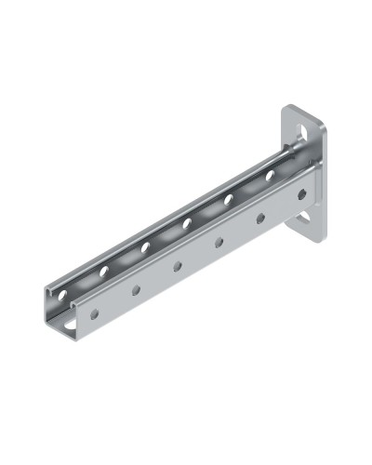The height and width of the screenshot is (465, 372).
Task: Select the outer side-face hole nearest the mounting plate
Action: (301, 194)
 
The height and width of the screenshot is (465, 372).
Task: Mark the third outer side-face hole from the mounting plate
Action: (219, 242)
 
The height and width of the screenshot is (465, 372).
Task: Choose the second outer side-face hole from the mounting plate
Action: (260, 219)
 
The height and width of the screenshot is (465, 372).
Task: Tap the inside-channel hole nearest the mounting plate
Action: (270, 174)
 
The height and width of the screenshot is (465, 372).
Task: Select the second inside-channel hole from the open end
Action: (104, 271)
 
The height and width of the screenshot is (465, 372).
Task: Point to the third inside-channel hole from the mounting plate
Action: (187, 222)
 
